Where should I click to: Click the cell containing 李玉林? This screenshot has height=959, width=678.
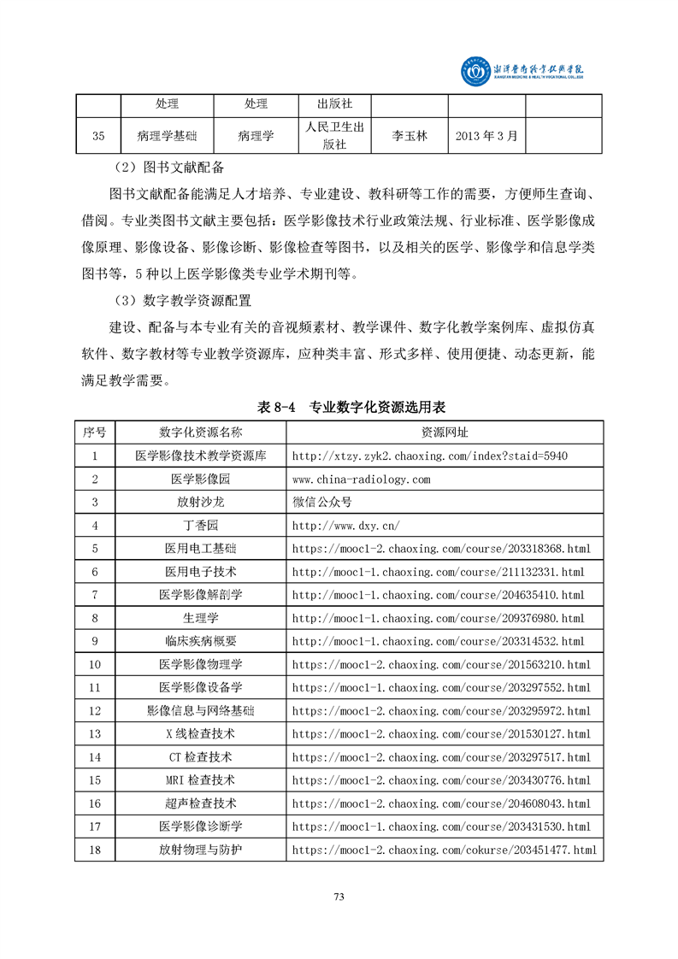(409, 136)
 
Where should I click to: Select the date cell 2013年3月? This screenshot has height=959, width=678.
(486, 136)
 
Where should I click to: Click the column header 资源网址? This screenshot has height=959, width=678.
(445, 432)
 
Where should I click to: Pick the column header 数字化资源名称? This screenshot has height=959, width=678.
(201, 432)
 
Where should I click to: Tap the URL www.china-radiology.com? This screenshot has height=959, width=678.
(361, 479)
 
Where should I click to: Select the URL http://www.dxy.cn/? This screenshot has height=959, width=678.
(345, 526)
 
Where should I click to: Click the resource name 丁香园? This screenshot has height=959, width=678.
(201, 526)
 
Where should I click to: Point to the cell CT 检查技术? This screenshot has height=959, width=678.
(201, 757)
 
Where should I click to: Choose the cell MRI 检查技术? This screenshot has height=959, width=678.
(201, 780)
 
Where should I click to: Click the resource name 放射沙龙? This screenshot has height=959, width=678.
(201, 503)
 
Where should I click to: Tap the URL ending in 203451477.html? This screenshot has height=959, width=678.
(445, 850)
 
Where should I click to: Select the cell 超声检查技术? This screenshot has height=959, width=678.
(201, 803)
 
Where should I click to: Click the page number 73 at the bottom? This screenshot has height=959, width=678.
(339, 897)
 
